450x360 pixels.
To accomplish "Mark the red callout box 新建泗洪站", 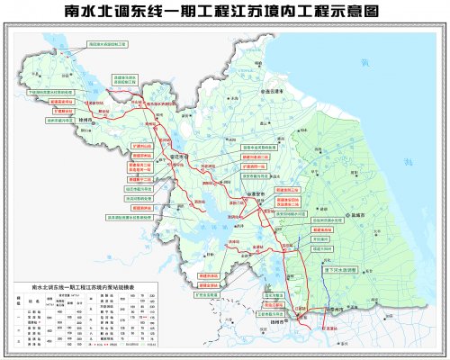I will pos(147,207).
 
